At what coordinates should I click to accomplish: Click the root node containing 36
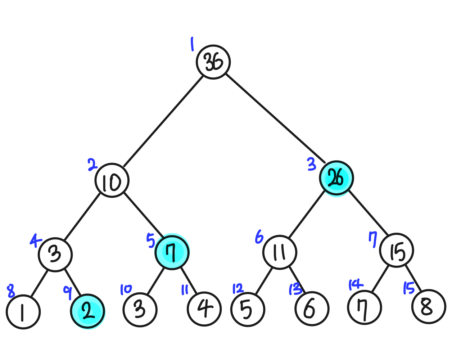213,62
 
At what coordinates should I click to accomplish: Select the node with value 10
112,180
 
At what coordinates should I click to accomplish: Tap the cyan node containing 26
336,178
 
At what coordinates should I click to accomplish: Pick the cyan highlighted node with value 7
172,252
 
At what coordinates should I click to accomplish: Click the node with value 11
280,252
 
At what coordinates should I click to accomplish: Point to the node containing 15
397,251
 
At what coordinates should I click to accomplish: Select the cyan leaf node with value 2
87,311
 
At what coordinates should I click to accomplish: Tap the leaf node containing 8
429,307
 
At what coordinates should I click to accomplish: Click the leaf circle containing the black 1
23,312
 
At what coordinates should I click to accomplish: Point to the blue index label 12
238,289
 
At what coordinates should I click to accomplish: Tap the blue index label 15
409,288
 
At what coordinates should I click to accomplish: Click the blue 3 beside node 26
312,165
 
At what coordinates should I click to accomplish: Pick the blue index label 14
356,285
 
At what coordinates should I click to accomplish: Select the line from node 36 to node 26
275,119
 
